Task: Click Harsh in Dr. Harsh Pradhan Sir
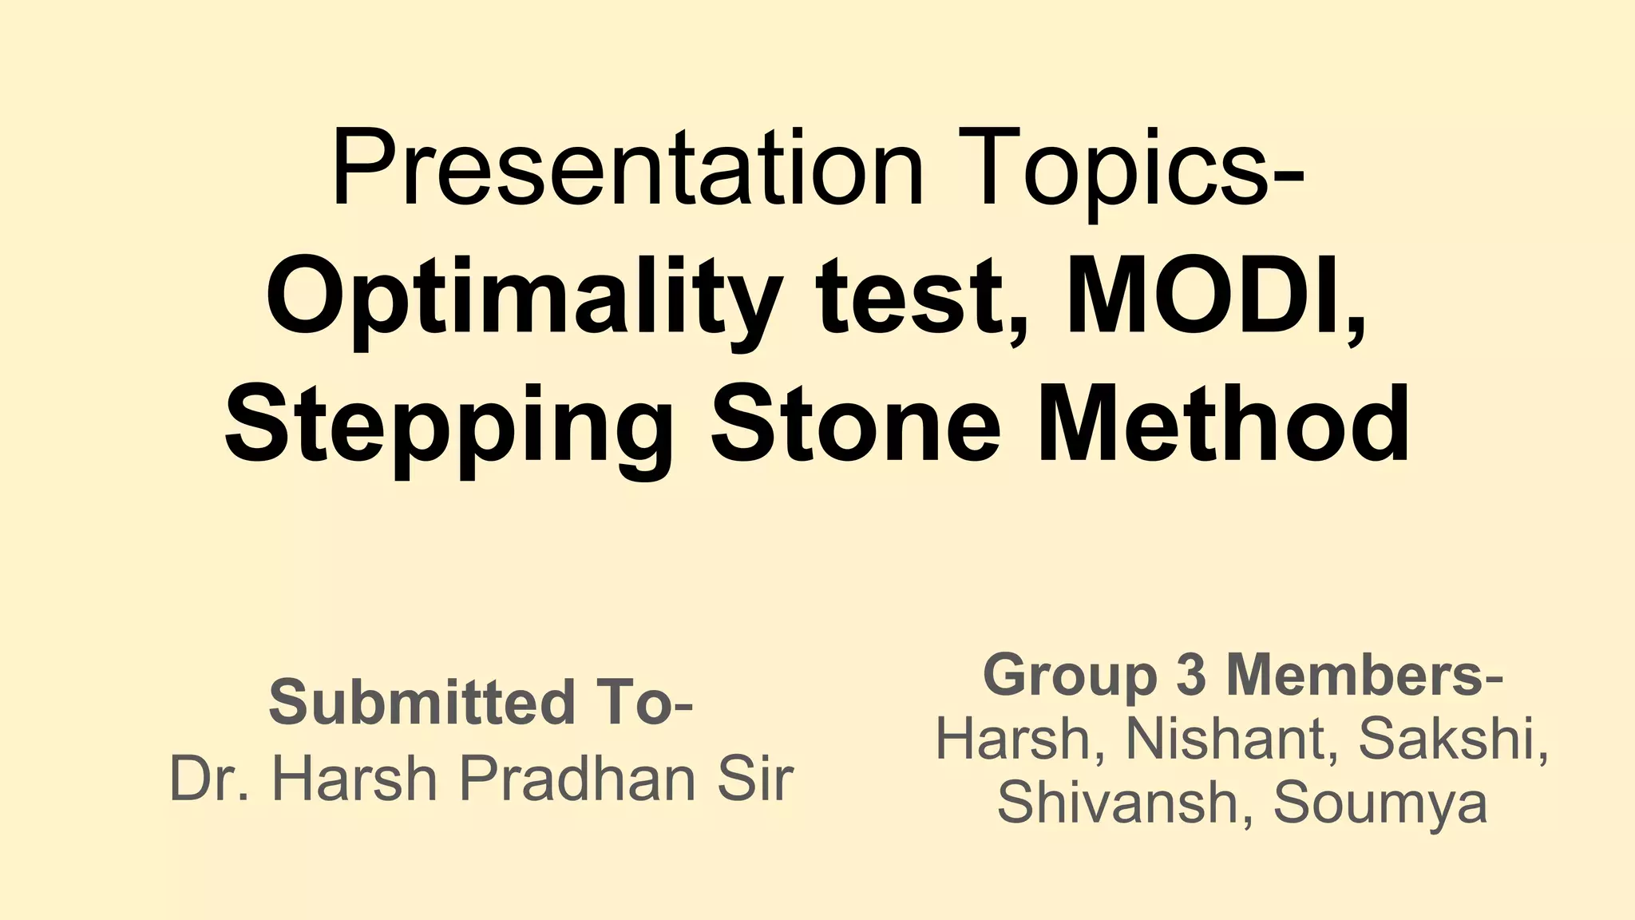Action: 354,779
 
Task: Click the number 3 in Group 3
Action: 1191,674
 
